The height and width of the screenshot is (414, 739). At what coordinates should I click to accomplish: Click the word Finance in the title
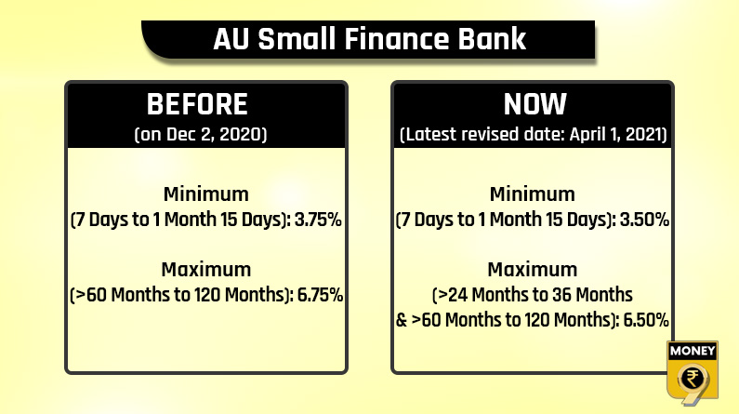click(x=398, y=39)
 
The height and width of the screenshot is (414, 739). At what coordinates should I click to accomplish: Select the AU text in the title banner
click(x=231, y=39)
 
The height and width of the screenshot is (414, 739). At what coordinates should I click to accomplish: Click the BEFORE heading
click(x=197, y=104)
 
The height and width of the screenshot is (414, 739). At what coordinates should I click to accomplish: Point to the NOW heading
click(x=534, y=104)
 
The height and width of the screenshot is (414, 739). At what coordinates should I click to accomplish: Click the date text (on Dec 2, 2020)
click(x=201, y=134)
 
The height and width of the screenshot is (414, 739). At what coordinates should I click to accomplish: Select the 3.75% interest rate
click(x=318, y=220)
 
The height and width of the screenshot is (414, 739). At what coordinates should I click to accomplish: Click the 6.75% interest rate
click(x=320, y=295)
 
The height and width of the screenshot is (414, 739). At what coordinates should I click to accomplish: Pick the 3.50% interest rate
click(x=645, y=220)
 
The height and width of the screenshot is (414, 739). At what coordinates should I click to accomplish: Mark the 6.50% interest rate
click(x=646, y=320)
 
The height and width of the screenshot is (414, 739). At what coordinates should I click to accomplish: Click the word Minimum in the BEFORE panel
click(x=206, y=194)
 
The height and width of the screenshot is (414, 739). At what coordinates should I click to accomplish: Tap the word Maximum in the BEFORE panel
click(x=206, y=270)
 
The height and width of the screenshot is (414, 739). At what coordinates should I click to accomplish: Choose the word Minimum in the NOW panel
click(x=532, y=194)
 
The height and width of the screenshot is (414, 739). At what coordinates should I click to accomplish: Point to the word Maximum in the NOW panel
click(x=532, y=270)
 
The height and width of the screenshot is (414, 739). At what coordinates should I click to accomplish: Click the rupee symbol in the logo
click(x=693, y=378)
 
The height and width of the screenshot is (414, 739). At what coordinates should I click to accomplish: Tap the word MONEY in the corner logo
click(x=693, y=351)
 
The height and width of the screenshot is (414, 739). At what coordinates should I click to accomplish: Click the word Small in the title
click(x=297, y=39)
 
